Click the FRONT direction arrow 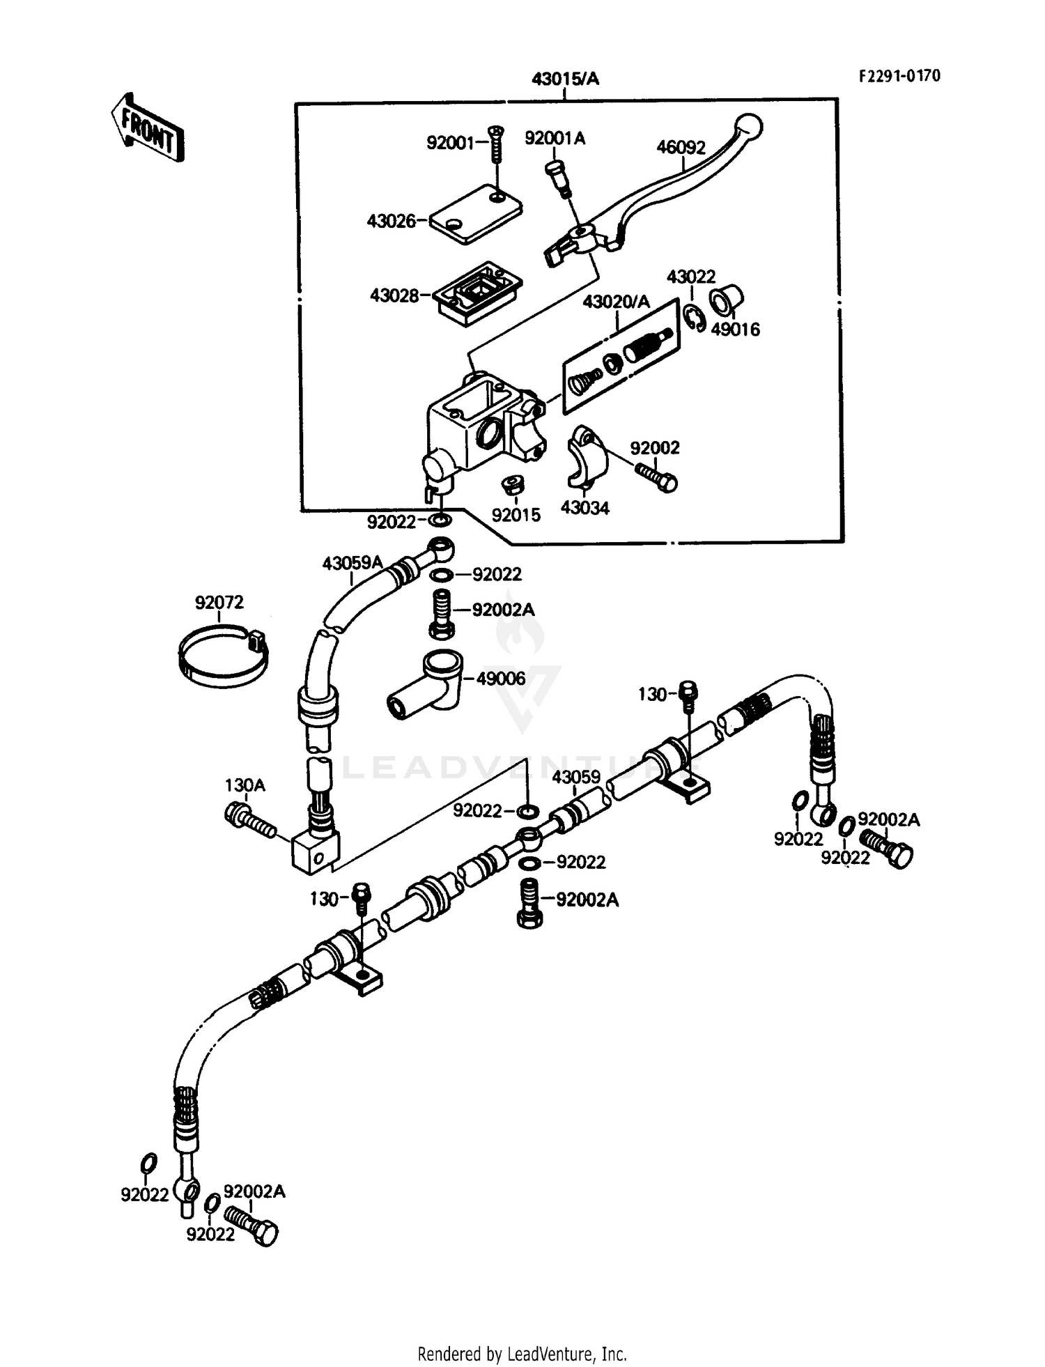coord(148,129)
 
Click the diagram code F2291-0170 coord(899,76)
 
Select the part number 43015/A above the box coord(565,79)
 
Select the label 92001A coord(555,139)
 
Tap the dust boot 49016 coord(725,301)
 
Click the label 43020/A coord(616,302)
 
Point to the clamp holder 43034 coord(585,456)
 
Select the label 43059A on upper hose coord(352,562)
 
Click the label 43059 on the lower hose coord(576,776)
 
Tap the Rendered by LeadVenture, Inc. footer coord(522,1354)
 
